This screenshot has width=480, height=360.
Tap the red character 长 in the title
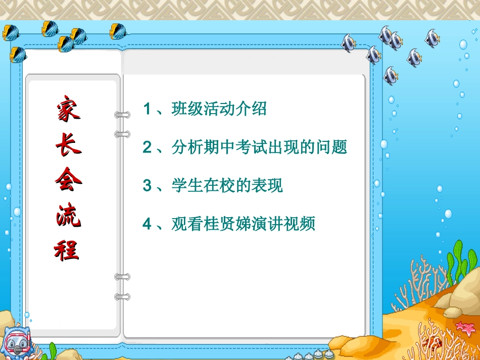[67, 144]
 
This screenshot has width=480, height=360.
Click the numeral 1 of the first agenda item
[147, 109]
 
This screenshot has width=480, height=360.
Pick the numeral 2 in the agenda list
[147, 147]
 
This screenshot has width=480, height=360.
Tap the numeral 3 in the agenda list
[147, 185]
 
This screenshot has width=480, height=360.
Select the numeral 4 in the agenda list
[147, 224]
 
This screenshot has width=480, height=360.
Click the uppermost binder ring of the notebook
[122, 115]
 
